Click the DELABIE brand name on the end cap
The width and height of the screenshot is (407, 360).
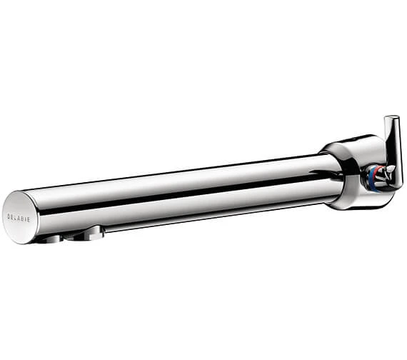pos(19,218)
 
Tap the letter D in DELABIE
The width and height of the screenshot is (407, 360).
pos(9,216)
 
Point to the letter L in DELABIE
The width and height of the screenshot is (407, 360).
pos(16,217)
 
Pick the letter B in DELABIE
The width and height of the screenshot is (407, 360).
pos(23,219)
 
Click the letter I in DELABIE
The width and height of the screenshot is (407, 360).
pos(26,219)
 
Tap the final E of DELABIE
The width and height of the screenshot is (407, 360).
pos(29,220)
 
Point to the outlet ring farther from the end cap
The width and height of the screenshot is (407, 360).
pos(86,234)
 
